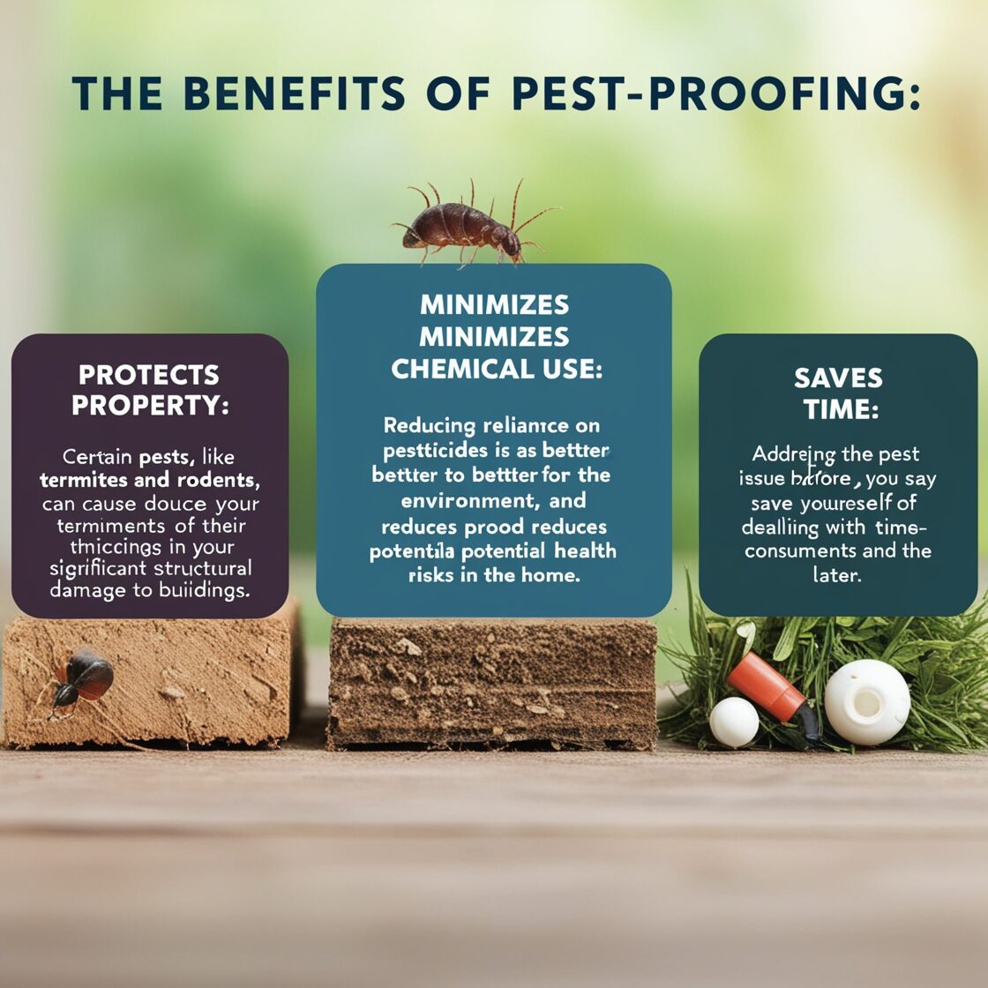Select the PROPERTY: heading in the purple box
tap(149, 406)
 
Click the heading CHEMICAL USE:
tap(497, 369)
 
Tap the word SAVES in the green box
tap(837, 378)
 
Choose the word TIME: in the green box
tap(837, 409)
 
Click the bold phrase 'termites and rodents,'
tap(148, 481)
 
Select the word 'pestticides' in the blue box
tap(437, 451)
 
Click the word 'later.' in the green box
tap(837, 575)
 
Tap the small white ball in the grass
tap(734, 721)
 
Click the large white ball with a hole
tap(867, 702)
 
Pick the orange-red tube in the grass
tap(766, 685)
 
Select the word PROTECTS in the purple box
tap(149, 375)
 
